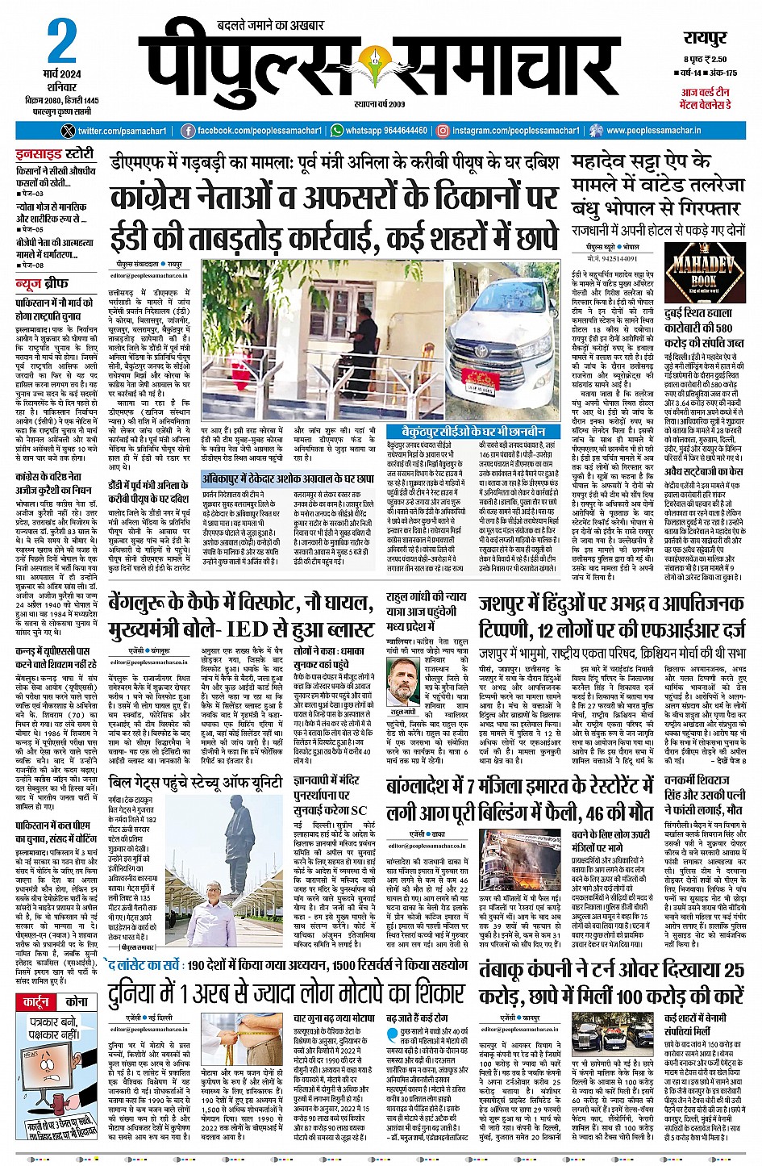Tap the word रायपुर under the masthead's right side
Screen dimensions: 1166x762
pos(706,39)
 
